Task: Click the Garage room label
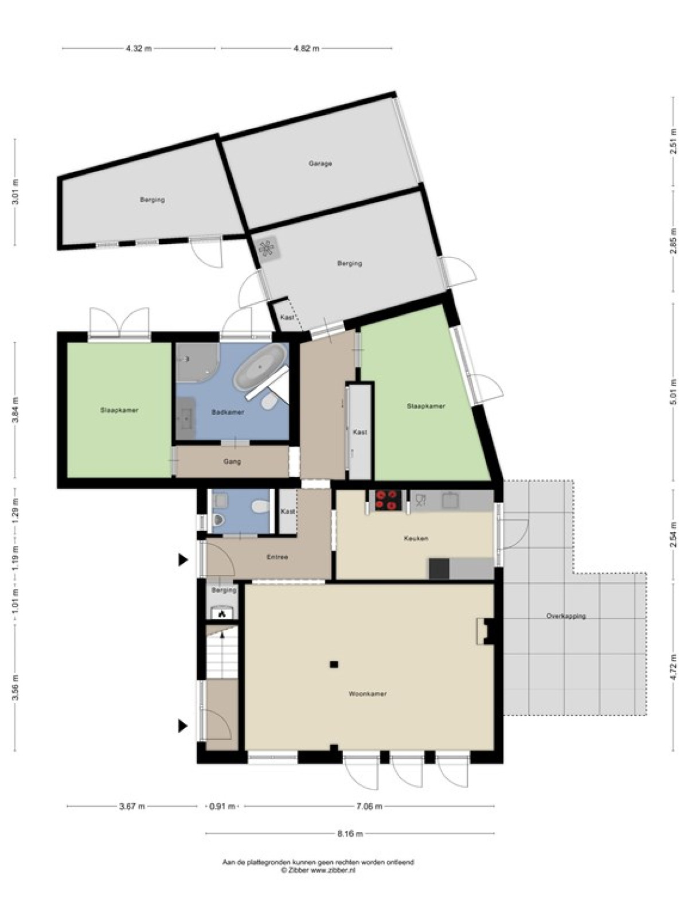(320, 164)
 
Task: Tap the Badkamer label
(227, 413)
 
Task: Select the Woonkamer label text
(367, 694)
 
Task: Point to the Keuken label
(416, 539)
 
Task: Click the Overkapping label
(566, 616)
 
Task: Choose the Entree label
(277, 557)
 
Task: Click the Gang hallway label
(232, 462)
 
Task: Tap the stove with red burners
(388, 500)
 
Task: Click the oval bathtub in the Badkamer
(259, 367)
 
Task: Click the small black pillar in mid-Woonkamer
(333, 664)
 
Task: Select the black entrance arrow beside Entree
(183, 559)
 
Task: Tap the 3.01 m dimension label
(16, 192)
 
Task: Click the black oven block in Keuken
(439, 569)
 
